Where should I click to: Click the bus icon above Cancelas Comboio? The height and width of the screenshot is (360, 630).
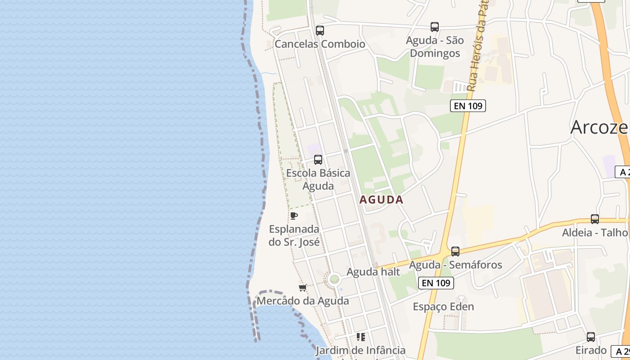coord(320,31)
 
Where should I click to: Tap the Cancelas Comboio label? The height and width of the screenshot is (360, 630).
coord(320,44)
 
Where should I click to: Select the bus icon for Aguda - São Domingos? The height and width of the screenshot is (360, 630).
coord(434,27)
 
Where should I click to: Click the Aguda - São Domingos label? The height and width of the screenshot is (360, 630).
coord(434,47)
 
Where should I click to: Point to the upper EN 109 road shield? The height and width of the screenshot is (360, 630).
coord(468,106)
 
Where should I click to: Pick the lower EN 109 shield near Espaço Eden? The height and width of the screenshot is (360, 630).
coord(436,283)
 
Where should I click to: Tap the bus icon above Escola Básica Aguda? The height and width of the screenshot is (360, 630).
coord(318,159)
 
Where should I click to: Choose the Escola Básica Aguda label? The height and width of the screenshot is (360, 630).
coord(318,179)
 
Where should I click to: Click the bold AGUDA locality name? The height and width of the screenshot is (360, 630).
coord(382,200)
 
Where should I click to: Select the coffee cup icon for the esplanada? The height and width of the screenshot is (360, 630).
coord(294,216)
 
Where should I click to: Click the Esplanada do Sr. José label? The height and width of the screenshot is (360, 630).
coord(294,235)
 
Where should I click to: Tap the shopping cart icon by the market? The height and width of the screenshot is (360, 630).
coord(303,288)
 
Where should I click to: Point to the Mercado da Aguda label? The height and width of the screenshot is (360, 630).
coord(303,301)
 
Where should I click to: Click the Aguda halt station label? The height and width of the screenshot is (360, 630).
coord(373,272)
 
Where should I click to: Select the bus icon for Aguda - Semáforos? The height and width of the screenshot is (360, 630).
coord(455,251)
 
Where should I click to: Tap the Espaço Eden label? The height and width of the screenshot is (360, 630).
coord(443,307)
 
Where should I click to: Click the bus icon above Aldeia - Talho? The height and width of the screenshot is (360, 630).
coord(594,219)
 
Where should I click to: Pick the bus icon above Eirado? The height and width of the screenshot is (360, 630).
coord(591,337)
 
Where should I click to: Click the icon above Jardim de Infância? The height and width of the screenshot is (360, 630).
coord(360,337)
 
